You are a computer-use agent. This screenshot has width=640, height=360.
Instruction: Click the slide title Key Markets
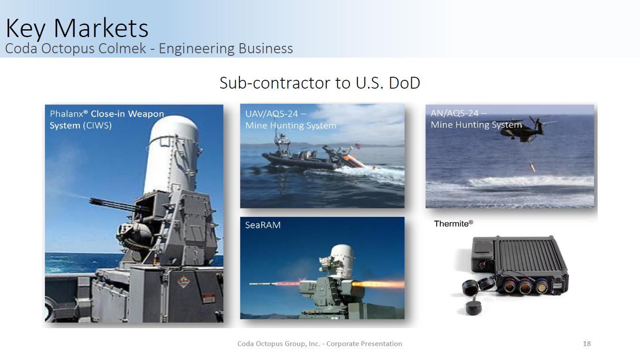(x=77, y=28)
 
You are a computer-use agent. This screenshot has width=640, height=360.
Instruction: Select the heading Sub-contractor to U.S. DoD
(x=320, y=83)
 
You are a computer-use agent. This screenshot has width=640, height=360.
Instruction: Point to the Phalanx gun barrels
(x=114, y=205)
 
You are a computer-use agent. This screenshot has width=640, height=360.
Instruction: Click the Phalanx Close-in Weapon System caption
(x=107, y=120)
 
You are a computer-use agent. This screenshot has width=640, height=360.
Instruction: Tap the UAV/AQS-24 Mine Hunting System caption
(x=291, y=120)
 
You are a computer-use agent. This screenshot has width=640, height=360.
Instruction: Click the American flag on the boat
(x=358, y=147)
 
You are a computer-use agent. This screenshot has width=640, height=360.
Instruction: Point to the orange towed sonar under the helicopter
(x=532, y=167)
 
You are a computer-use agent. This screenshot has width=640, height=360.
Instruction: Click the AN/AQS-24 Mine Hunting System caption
(x=476, y=119)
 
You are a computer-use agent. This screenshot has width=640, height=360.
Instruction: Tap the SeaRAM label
(x=263, y=225)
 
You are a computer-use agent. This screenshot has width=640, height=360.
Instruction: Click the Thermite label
(x=453, y=223)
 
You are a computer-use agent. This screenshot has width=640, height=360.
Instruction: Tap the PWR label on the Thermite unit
(x=557, y=285)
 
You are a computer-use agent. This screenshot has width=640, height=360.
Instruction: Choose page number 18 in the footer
(x=587, y=343)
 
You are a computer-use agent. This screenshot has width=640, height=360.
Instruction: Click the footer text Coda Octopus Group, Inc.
(x=279, y=344)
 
